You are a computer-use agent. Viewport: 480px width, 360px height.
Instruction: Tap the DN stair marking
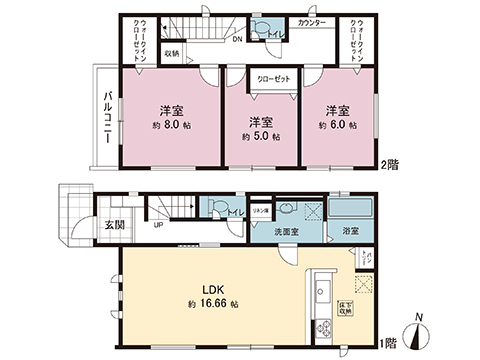click(237, 40)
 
